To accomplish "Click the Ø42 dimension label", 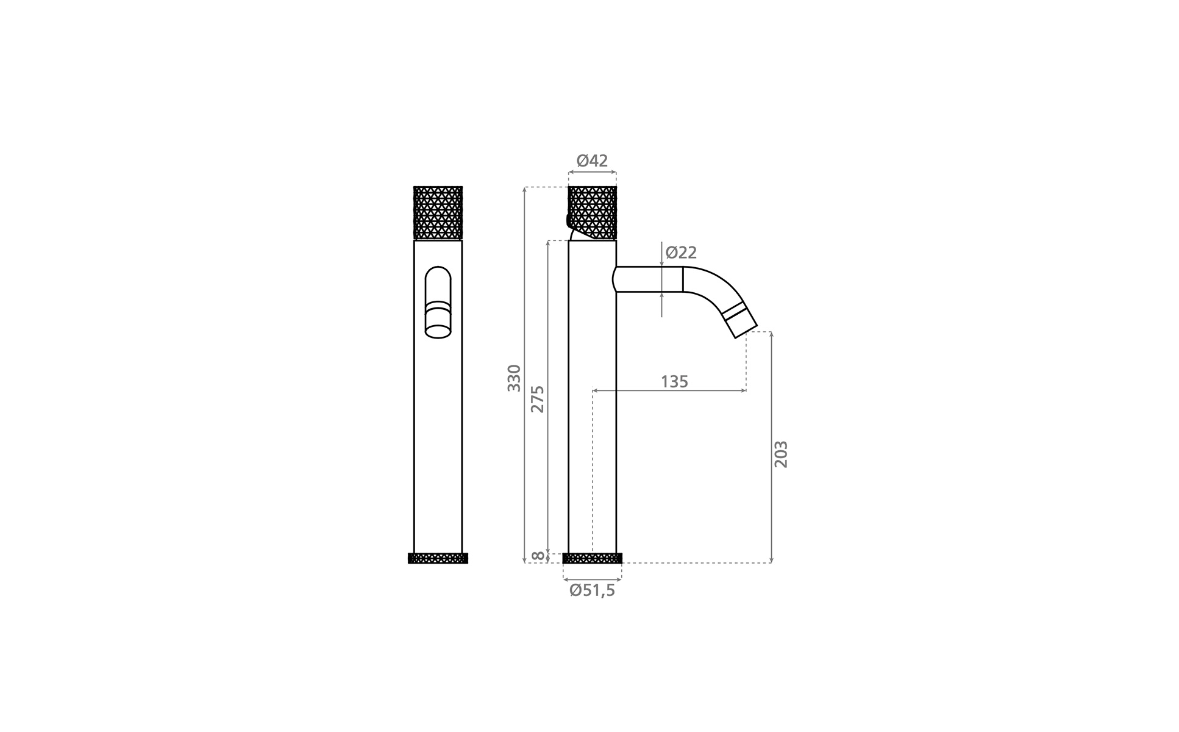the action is [x=592, y=161].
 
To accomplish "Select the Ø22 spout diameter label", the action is [x=681, y=253].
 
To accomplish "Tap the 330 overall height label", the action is [x=515, y=378].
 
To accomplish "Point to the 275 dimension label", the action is [x=537, y=399].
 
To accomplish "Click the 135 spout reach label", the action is [x=674, y=382].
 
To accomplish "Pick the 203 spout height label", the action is [x=781, y=454].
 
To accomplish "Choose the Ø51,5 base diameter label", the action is [x=592, y=590].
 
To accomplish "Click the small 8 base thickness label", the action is [x=538, y=556].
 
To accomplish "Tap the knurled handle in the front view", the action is [x=438, y=213].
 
